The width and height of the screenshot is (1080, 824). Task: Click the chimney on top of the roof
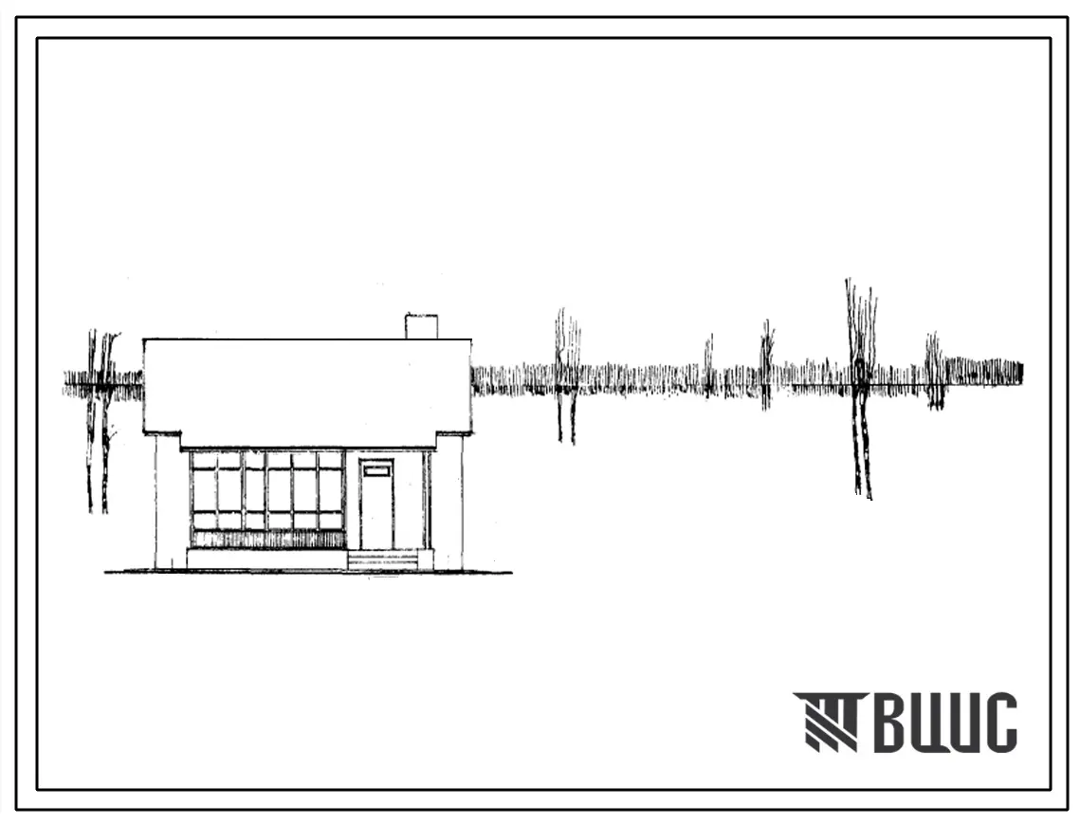pos(421,326)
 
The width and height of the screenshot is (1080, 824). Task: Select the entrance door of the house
pos(376,505)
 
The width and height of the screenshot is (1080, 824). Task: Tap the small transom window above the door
pos(376,471)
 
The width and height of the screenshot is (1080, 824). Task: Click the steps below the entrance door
pos(383,560)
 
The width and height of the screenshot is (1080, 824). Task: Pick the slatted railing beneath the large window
pos(268,539)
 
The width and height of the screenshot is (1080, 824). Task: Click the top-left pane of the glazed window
pos(204,460)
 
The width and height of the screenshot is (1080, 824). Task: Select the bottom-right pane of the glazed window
pos(330,521)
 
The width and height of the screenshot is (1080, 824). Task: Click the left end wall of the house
pos(169,502)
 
